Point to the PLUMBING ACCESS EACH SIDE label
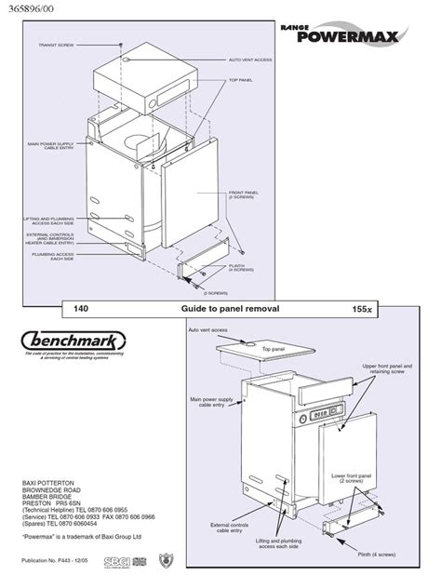tap(52, 256)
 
